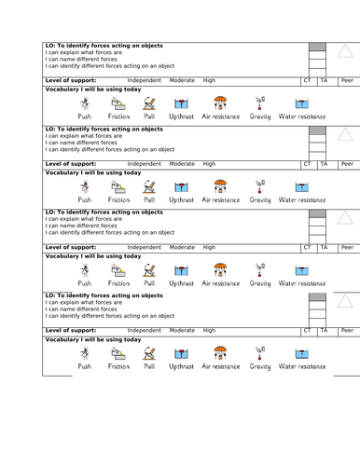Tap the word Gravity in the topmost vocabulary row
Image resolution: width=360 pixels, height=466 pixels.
pos(260,117)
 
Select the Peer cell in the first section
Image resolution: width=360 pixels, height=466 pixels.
pos(346,81)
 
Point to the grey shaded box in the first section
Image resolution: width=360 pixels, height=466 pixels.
pos(317,46)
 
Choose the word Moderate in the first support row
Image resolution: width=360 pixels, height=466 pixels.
pos(182,81)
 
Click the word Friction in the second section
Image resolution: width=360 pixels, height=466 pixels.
pos(118,199)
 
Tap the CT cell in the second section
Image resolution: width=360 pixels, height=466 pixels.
pos(308,163)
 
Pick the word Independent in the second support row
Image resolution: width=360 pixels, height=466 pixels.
pos(144,163)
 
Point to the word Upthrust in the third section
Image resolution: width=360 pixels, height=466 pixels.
pos(181,282)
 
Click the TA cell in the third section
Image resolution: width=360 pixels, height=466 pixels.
pos(324,247)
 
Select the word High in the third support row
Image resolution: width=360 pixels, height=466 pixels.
pos(209,247)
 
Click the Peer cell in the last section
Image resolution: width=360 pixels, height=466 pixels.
pos(346,330)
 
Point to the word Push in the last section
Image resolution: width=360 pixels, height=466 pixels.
pos(85,366)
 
